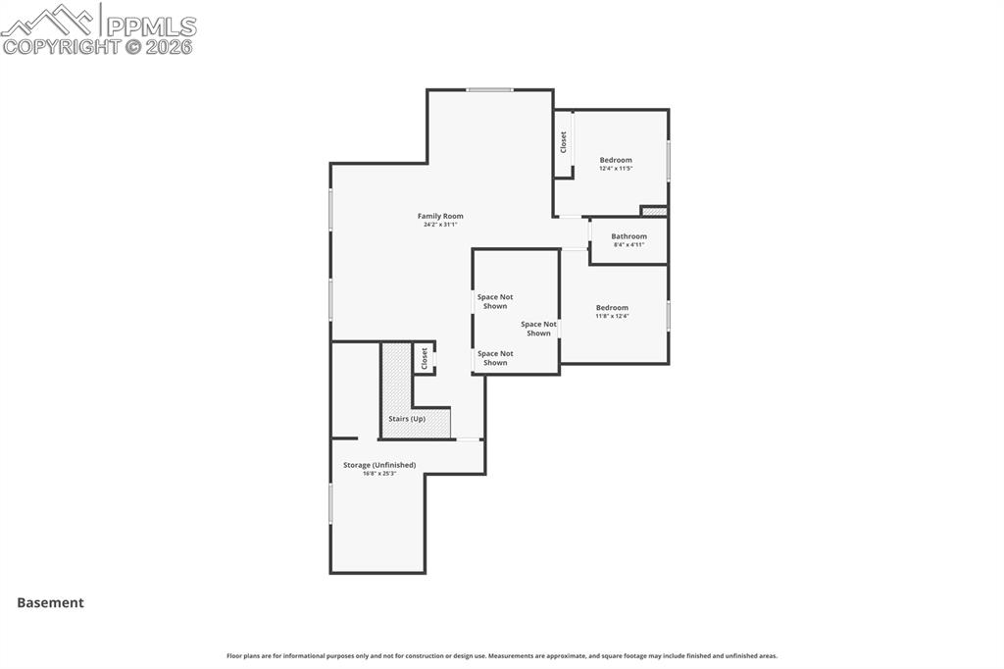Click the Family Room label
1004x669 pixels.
click(440, 216)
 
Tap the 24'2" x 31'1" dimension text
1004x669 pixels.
click(440, 225)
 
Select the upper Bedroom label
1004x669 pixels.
click(616, 160)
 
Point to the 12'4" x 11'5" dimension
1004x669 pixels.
click(616, 169)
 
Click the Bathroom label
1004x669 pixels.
click(628, 236)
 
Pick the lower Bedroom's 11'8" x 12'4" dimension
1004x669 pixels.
click(612, 316)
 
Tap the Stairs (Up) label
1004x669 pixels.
click(407, 419)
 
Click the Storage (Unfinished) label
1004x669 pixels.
click(379, 465)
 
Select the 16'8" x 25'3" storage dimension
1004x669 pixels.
click(379, 474)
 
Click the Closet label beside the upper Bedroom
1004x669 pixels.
click(564, 142)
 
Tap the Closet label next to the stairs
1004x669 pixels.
click(425, 358)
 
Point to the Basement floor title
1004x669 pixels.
click(50, 603)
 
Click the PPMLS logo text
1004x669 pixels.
click(150, 26)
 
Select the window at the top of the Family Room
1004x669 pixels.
click(489, 90)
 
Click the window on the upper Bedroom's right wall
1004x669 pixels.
click(669, 161)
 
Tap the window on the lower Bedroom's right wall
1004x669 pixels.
click(669, 315)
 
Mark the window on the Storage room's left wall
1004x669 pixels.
click(330, 503)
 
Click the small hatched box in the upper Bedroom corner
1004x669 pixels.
click(654, 211)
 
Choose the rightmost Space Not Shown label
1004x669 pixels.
click(538, 329)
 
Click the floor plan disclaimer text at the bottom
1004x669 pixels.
click(502, 656)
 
